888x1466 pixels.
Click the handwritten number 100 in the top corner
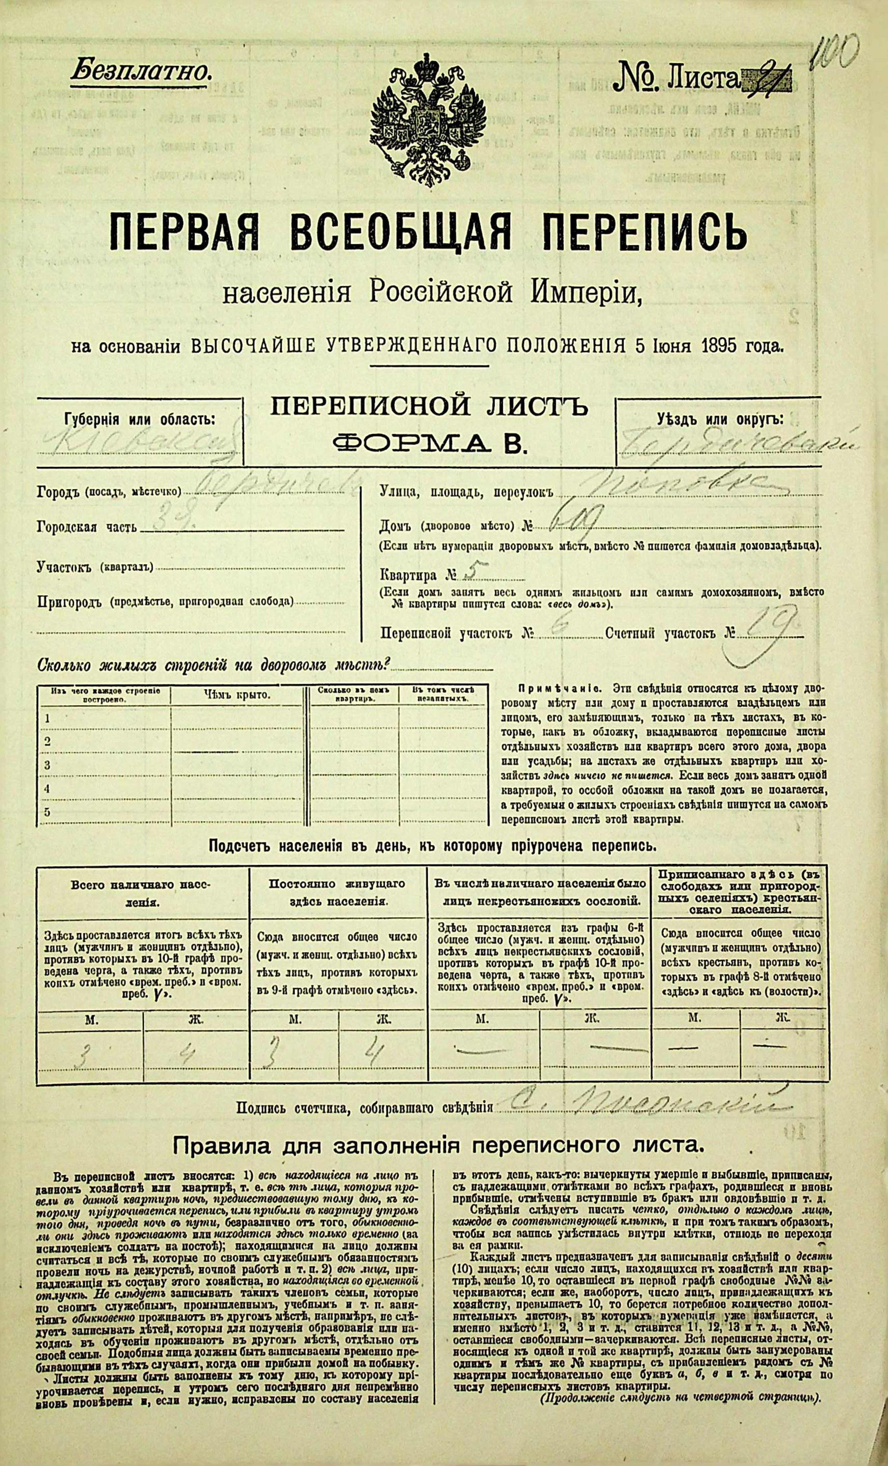(836, 53)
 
